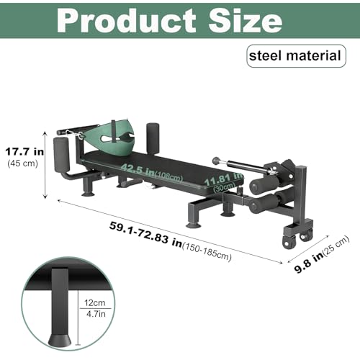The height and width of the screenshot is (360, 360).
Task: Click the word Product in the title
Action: pos(126,20)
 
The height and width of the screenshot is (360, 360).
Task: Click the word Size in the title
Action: pos(245,20)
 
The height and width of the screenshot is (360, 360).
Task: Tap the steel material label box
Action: pos(296,55)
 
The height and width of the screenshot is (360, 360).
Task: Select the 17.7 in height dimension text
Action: pos(24,152)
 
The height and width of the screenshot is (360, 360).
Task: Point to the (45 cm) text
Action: pos(23,163)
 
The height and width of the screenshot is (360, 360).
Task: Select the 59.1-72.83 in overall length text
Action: pos(145,236)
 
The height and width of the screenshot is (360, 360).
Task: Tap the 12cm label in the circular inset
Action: pos(95,302)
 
